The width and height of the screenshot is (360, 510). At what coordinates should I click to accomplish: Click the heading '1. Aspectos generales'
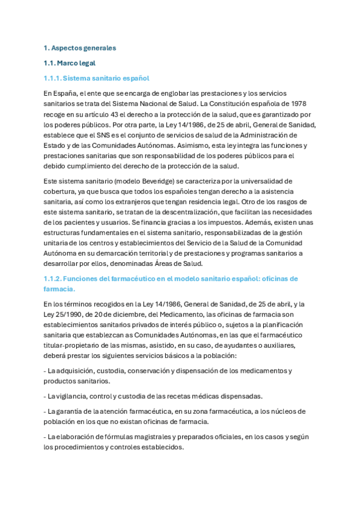80,48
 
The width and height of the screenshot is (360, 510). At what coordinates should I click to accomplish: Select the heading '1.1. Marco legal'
70,63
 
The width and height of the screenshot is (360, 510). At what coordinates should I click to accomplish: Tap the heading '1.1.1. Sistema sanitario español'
96,78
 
